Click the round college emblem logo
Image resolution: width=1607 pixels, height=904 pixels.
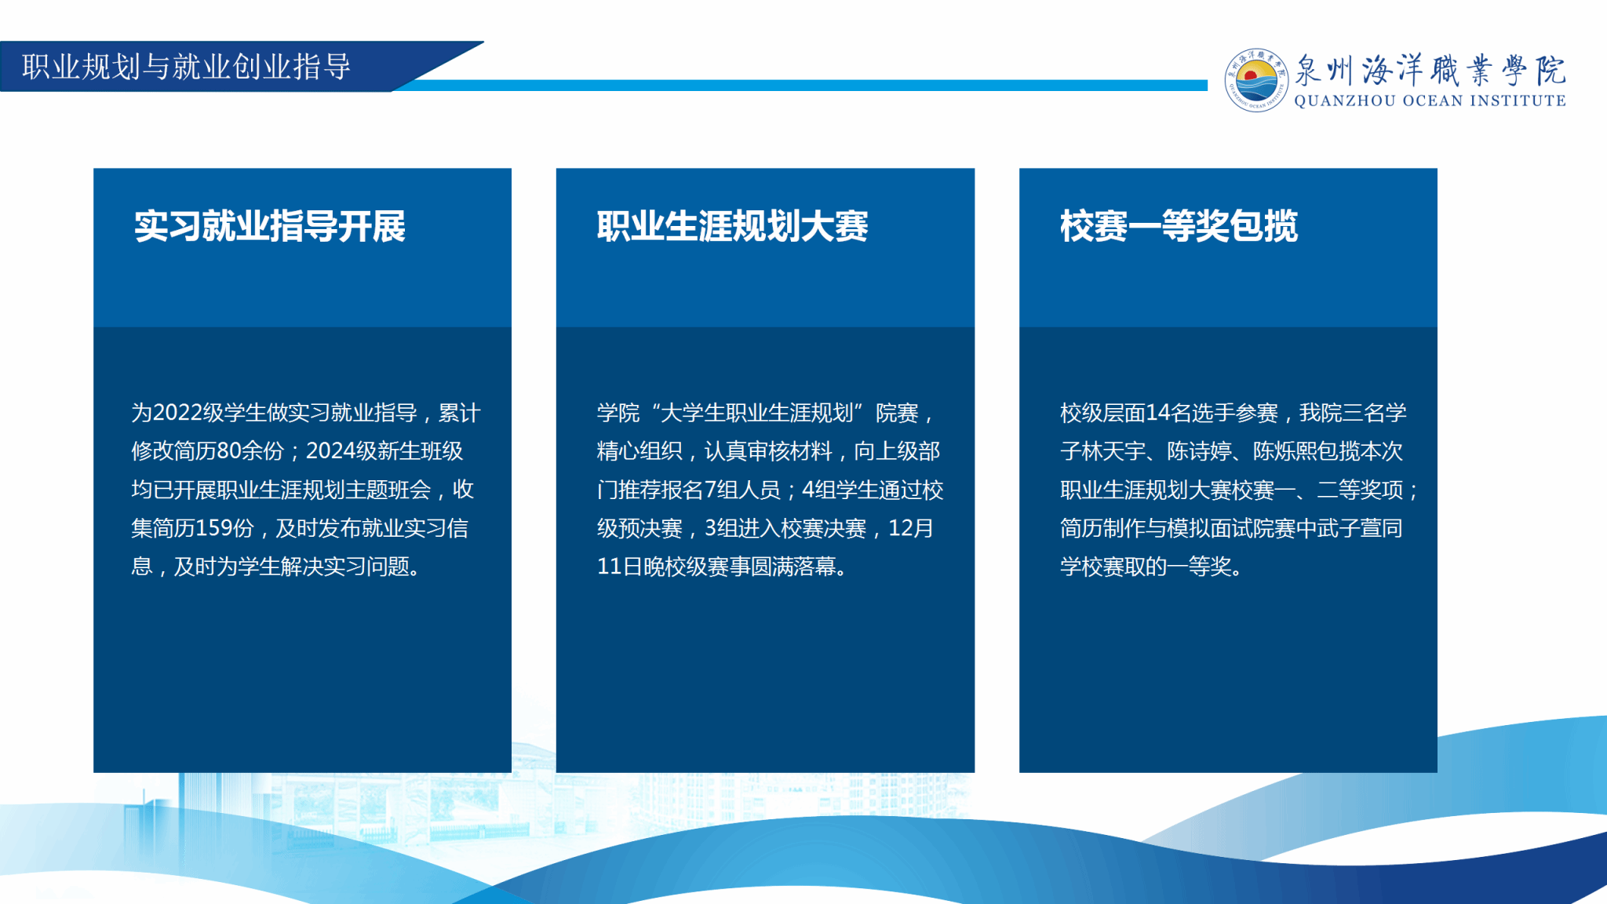pos(1256,80)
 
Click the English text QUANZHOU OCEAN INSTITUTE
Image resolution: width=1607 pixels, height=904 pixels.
pos(1430,100)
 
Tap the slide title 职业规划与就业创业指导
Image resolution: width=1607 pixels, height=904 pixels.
pos(186,67)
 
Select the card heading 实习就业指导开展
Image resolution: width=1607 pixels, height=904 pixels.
pos(270,226)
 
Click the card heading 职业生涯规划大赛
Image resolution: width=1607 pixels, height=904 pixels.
pos(732,226)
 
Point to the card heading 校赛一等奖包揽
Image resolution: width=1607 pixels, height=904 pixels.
pos(1179,226)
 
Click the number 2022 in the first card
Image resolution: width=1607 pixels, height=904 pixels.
pos(177,413)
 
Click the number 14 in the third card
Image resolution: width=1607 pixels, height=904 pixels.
pos(1157,413)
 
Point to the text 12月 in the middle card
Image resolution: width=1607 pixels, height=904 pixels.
pos(910,528)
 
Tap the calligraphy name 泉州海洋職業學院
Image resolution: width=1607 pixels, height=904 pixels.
pos(1430,70)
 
